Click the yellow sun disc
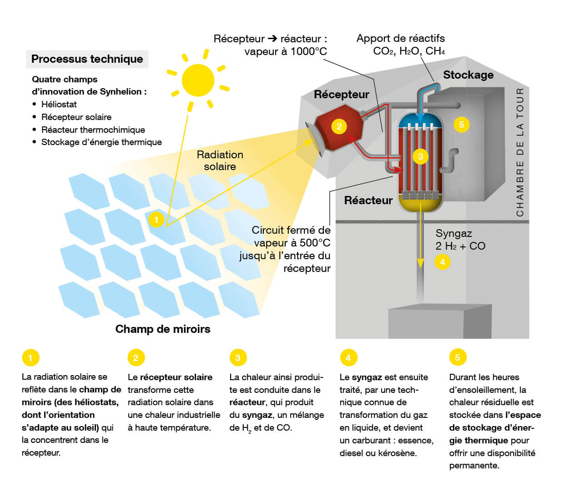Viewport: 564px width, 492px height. (x=198, y=80)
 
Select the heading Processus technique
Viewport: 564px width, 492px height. (x=87, y=59)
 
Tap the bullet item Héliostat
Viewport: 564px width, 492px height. (x=59, y=104)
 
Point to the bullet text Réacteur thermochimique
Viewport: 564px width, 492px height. (x=93, y=130)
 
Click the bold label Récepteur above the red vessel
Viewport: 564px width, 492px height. (x=341, y=95)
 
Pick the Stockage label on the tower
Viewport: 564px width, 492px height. (x=468, y=75)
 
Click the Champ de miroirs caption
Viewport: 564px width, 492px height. (x=163, y=329)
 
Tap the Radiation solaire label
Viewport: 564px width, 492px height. (x=220, y=161)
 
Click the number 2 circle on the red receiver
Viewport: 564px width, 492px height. (x=339, y=126)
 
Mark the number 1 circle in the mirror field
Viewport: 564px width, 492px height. (x=156, y=220)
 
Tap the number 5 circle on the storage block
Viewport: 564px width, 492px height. (x=462, y=125)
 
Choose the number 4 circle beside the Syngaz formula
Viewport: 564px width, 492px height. (x=442, y=261)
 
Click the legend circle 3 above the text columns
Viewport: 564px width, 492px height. (x=237, y=357)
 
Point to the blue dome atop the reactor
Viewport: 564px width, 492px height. (x=420, y=120)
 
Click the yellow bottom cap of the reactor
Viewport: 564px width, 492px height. (x=420, y=205)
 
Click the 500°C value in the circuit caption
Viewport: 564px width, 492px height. (x=315, y=243)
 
